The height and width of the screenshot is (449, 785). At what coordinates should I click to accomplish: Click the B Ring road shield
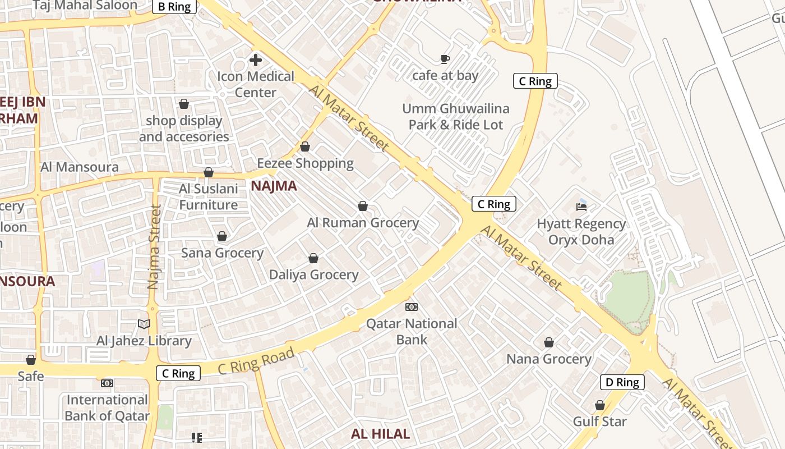coord(174,7)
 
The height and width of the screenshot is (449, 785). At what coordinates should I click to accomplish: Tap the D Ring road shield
coord(622,382)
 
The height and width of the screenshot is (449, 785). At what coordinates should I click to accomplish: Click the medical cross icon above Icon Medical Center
coord(256,60)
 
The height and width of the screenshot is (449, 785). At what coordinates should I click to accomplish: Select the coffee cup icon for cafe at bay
coord(445,59)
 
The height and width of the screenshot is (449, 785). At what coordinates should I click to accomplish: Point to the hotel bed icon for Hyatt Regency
coord(581,207)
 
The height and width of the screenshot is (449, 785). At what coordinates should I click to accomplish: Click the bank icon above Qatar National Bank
coord(412,307)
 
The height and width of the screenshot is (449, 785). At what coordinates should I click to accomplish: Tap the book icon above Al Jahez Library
coord(144,324)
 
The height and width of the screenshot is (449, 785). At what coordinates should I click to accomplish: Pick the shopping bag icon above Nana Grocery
coord(549,342)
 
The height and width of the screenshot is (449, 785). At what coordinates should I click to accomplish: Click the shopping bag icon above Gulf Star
coord(599,405)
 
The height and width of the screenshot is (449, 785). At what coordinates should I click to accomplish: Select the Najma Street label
coord(155,247)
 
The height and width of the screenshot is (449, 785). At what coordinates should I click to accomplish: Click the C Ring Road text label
coord(256,361)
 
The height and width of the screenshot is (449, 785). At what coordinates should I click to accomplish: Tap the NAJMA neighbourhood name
coord(274,186)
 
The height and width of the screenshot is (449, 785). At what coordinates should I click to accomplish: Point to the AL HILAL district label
coord(380,433)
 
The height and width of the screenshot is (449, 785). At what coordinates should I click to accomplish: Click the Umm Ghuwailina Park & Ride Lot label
coord(456,117)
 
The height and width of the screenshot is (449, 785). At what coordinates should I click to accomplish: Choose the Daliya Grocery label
coord(313,274)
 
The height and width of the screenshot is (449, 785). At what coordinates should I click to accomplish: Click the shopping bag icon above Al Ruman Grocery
coord(363,207)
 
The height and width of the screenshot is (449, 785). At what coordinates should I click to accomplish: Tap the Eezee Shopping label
coord(305,163)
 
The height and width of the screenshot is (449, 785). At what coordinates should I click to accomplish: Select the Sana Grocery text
coord(222,253)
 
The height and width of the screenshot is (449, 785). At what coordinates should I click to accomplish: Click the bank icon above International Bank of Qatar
coord(107,383)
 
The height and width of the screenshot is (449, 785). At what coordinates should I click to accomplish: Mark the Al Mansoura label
coord(80,167)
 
